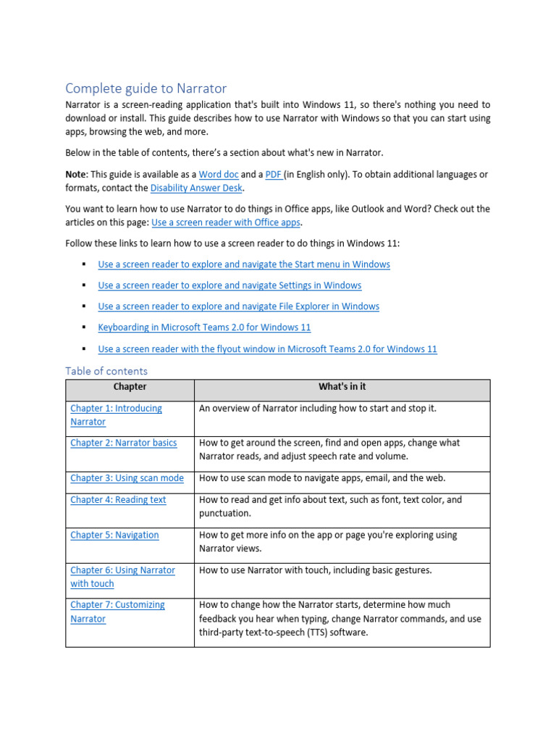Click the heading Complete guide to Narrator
(146, 88)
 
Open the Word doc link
(219, 175)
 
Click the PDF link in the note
(274, 175)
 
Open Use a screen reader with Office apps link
(226, 222)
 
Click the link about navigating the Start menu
(244, 264)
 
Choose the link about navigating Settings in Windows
(229, 285)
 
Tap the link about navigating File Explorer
(238, 307)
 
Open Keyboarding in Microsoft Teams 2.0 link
(204, 328)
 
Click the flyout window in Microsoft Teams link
(267, 349)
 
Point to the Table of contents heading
(106, 371)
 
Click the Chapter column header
(130, 387)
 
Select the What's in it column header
(342, 387)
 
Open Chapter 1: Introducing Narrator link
(116, 409)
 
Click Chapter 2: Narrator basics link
(123, 443)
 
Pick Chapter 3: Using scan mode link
(127, 478)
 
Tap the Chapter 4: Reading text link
(118, 500)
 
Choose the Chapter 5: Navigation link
(114, 535)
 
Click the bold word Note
(76, 175)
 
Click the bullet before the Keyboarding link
(84, 328)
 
